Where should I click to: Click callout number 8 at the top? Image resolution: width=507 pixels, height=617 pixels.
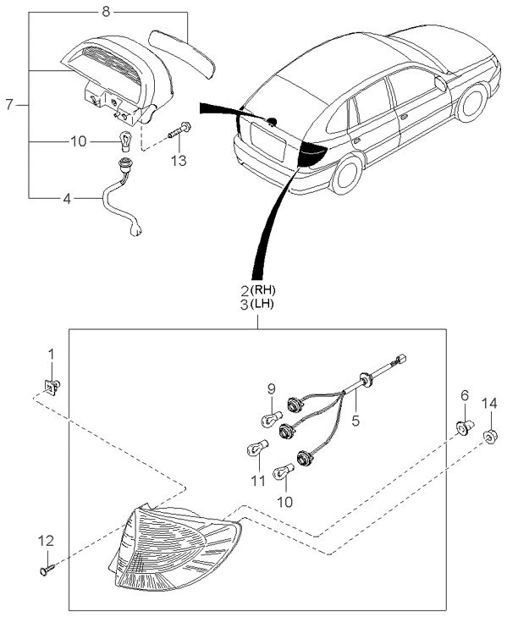pos(105,13)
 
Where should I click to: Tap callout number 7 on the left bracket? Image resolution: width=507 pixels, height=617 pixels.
pos(10,105)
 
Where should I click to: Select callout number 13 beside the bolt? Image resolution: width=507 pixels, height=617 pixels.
pos(179,160)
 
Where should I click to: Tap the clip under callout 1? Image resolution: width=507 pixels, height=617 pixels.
pos(52,388)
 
